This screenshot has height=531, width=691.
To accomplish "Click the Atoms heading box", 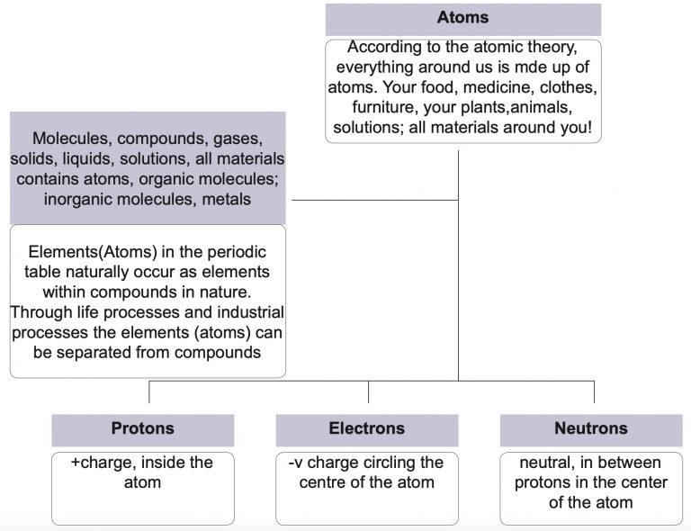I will point(462,19).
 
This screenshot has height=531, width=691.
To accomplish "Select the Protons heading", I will point(142,429).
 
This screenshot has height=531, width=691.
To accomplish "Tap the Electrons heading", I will point(366,429).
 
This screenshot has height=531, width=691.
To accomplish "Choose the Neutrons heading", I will point(591,429).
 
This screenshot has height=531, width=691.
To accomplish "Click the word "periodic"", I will point(220,251).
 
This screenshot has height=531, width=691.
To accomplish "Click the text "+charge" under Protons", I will point(99,463).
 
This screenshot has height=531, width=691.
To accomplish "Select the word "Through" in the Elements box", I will point(41,312).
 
